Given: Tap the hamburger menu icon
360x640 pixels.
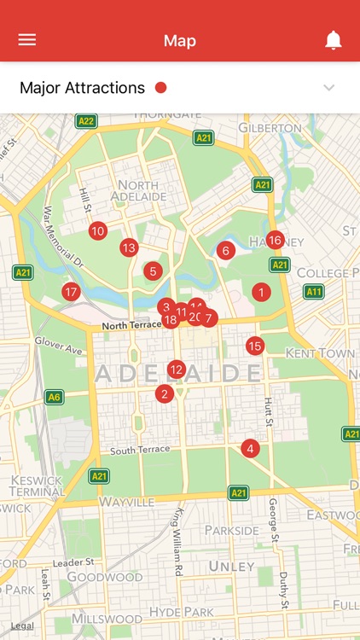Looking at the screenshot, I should (27, 40).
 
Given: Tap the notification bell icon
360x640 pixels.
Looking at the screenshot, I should (334, 40).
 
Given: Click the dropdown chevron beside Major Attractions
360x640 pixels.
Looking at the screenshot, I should (329, 88).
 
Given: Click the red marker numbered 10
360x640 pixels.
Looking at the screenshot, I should (98, 230).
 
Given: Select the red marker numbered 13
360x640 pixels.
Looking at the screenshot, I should (129, 248).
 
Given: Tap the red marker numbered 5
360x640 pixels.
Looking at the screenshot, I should (153, 271).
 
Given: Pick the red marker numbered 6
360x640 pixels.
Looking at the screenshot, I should (226, 250).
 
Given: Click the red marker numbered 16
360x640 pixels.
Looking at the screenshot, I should (275, 241).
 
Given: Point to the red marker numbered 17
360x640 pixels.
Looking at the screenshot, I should (71, 292).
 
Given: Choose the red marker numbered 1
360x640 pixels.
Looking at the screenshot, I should (261, 292).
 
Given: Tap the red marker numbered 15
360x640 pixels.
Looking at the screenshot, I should (254, 346).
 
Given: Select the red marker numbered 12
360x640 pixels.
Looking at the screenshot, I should (177, 369).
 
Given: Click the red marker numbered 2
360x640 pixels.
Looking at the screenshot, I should (165, 393).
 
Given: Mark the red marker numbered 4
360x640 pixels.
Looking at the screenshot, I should (250, 448).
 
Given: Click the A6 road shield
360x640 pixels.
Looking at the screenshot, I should (54, 397).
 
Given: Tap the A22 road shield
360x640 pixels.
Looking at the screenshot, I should (86, 121).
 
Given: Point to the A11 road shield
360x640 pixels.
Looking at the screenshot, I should (314, 292).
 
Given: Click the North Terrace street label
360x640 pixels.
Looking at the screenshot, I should (131, 326).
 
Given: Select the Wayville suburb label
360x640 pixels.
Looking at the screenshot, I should (125, 502).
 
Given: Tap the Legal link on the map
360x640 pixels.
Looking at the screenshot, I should (23, 625).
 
